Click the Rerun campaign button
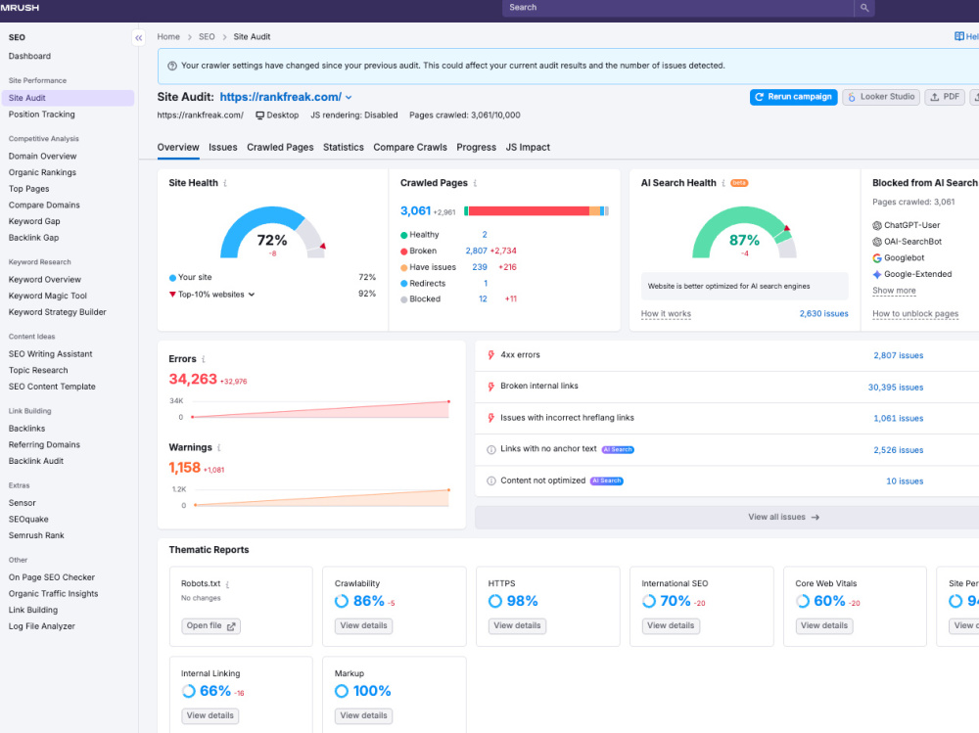point(793,97)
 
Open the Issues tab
point(223,148)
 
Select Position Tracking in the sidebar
point(42,115)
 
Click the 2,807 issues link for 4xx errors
point(898,355)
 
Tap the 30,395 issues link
point(896,388)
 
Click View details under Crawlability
point(363,625)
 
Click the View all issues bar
point(783,517)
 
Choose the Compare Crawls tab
point(410,148)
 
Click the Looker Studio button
point(881,97)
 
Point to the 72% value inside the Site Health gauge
point(272,241)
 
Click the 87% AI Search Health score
point(744,241)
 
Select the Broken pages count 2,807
point(476,251)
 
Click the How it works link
point(666,314)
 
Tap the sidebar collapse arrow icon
point(139,38)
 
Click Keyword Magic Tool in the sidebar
point(47,296)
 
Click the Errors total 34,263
point(193,379)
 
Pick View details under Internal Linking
point(210,715)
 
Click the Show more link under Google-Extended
point(894,291)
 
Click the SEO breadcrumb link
point(207,37)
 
